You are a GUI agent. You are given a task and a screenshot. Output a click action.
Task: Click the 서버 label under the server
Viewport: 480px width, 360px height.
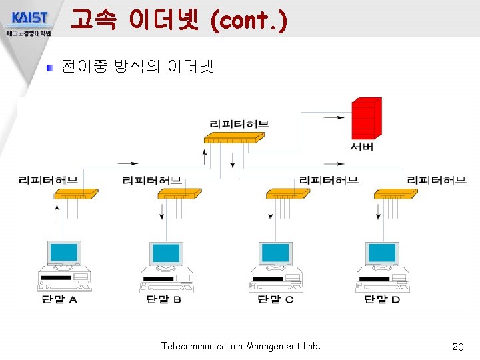pyautogui.click(x=362, y=146)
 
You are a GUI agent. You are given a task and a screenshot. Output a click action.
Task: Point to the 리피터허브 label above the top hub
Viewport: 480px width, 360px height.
pyautogui.click(x=239, y=123)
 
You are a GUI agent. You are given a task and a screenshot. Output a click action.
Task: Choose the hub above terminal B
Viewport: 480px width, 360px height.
pyautogui.click(x=179, y=194)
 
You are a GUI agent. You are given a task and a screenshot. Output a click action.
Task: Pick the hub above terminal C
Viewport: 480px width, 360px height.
pyautogui.click(x=287, y=194)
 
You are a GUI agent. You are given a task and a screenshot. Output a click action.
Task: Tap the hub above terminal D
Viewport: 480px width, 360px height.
pyautogui.click(x=395, y=194)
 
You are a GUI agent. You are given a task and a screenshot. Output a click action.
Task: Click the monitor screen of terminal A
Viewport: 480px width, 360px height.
pyautogui.click(x=64, y=253)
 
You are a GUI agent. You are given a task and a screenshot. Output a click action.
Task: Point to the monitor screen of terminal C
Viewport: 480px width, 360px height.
pyautogui.click(x=275, y=253)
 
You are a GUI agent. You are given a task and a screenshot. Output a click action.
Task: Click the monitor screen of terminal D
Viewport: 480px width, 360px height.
pyautogui.click(x=383, y=253)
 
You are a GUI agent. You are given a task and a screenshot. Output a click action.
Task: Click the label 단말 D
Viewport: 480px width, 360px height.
pyautogui.click(x=382, y=299)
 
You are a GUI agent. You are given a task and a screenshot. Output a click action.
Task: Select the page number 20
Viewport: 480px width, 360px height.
pyautogui.click(x=457, y=347)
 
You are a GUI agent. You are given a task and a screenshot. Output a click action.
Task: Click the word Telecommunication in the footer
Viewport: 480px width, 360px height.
pyautogui.click(x=202, y=346)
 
